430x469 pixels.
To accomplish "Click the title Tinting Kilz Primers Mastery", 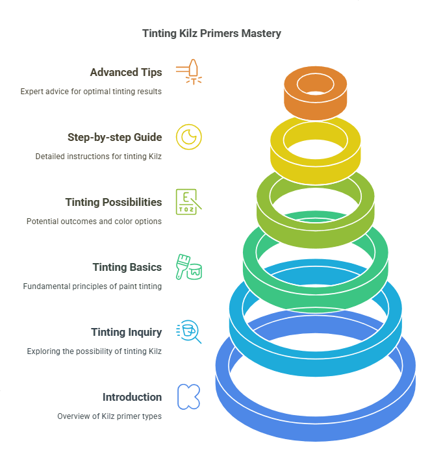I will tap(212, 33).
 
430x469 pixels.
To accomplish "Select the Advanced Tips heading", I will tap(126, 72).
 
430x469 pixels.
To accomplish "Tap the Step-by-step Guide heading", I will tap(114, 137).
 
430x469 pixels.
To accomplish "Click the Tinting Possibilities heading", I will tap(114, 202).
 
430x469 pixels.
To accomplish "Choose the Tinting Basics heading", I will tap(127, 267).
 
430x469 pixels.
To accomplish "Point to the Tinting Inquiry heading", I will tap(126, 332).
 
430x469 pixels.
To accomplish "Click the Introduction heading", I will tap(132, 397).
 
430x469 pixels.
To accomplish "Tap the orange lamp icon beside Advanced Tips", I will tap(189, 71).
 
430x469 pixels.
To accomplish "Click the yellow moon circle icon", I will tap(189, 136).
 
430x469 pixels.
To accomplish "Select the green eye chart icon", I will tap(189, 201).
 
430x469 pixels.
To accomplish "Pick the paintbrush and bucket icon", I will tap(189, 266).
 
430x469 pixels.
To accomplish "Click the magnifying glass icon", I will tap(189, 331).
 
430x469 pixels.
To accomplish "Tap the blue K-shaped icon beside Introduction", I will tap(189, 396).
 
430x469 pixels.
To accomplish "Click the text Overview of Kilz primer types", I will tap(109, 416).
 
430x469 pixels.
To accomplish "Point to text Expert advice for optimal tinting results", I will tap(91, 92).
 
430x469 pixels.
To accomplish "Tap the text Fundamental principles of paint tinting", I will tap(92, 286).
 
